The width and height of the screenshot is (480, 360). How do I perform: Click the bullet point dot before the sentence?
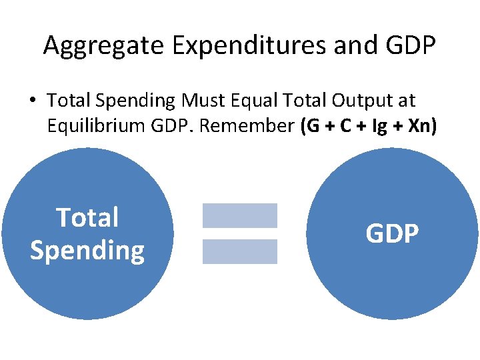32,101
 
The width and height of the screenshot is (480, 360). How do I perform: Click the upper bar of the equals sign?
239,215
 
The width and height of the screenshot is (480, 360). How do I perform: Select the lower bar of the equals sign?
239,251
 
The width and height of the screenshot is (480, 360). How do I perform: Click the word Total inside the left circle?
87,218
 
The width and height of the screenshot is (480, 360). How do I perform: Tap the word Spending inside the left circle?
87,251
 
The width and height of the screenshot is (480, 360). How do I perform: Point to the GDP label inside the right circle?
392,234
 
